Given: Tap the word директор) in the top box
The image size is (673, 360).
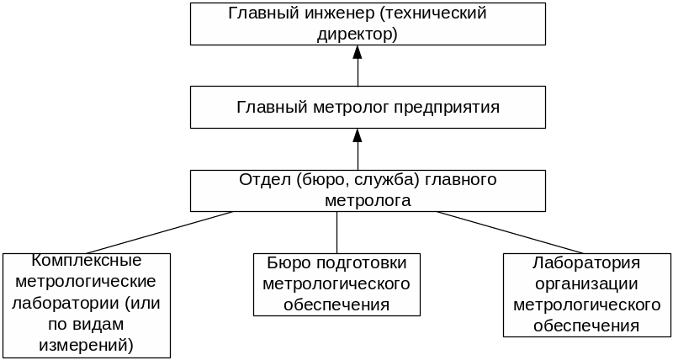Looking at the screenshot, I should click(x=358, y=34).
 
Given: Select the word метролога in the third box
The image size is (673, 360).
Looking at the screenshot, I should click(x=368, y=201).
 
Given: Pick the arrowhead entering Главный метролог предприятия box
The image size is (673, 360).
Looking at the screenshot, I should click(x=358, y=135).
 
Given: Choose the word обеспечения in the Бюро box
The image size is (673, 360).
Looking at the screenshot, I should click(x=336, y=304).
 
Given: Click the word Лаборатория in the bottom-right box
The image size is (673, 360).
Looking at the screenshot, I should click(x=586, y=262).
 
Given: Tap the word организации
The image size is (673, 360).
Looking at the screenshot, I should click(x=586, y=283).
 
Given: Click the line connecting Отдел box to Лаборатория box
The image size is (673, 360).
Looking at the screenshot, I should click(x=513, y=231).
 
